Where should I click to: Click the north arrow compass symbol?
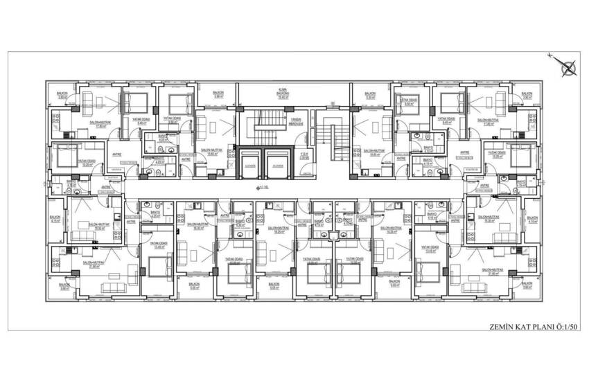569,67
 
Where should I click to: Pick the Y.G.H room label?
303,154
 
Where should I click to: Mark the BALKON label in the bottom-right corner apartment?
527,284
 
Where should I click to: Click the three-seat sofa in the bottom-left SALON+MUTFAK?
111,288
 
